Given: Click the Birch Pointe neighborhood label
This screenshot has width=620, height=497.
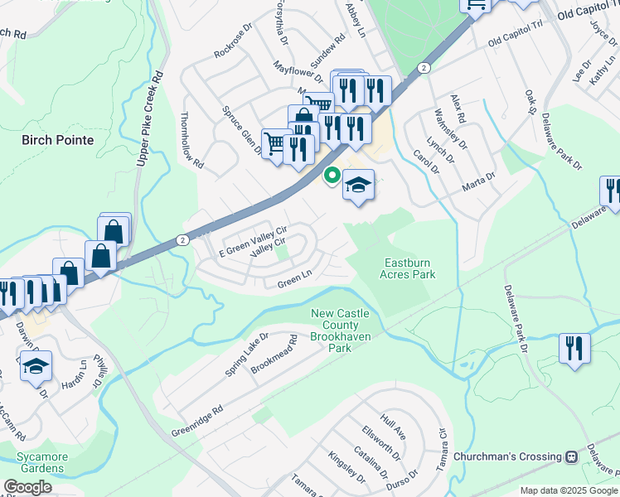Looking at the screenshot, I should (58, 140).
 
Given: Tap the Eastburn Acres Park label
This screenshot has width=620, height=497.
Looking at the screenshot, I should (408, 268).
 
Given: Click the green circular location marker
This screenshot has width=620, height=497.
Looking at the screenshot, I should (332, 175).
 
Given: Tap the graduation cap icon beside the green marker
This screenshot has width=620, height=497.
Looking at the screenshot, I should (359, 185).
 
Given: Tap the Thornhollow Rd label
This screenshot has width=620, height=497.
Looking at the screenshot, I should (191, 141).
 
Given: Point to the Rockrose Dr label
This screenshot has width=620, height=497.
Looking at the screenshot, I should (232, 45).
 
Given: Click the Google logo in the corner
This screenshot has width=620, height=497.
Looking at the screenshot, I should (27, 486).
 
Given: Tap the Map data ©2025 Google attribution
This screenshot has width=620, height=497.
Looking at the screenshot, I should (568, 490).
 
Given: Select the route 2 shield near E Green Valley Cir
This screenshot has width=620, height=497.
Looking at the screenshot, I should (183, 239).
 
